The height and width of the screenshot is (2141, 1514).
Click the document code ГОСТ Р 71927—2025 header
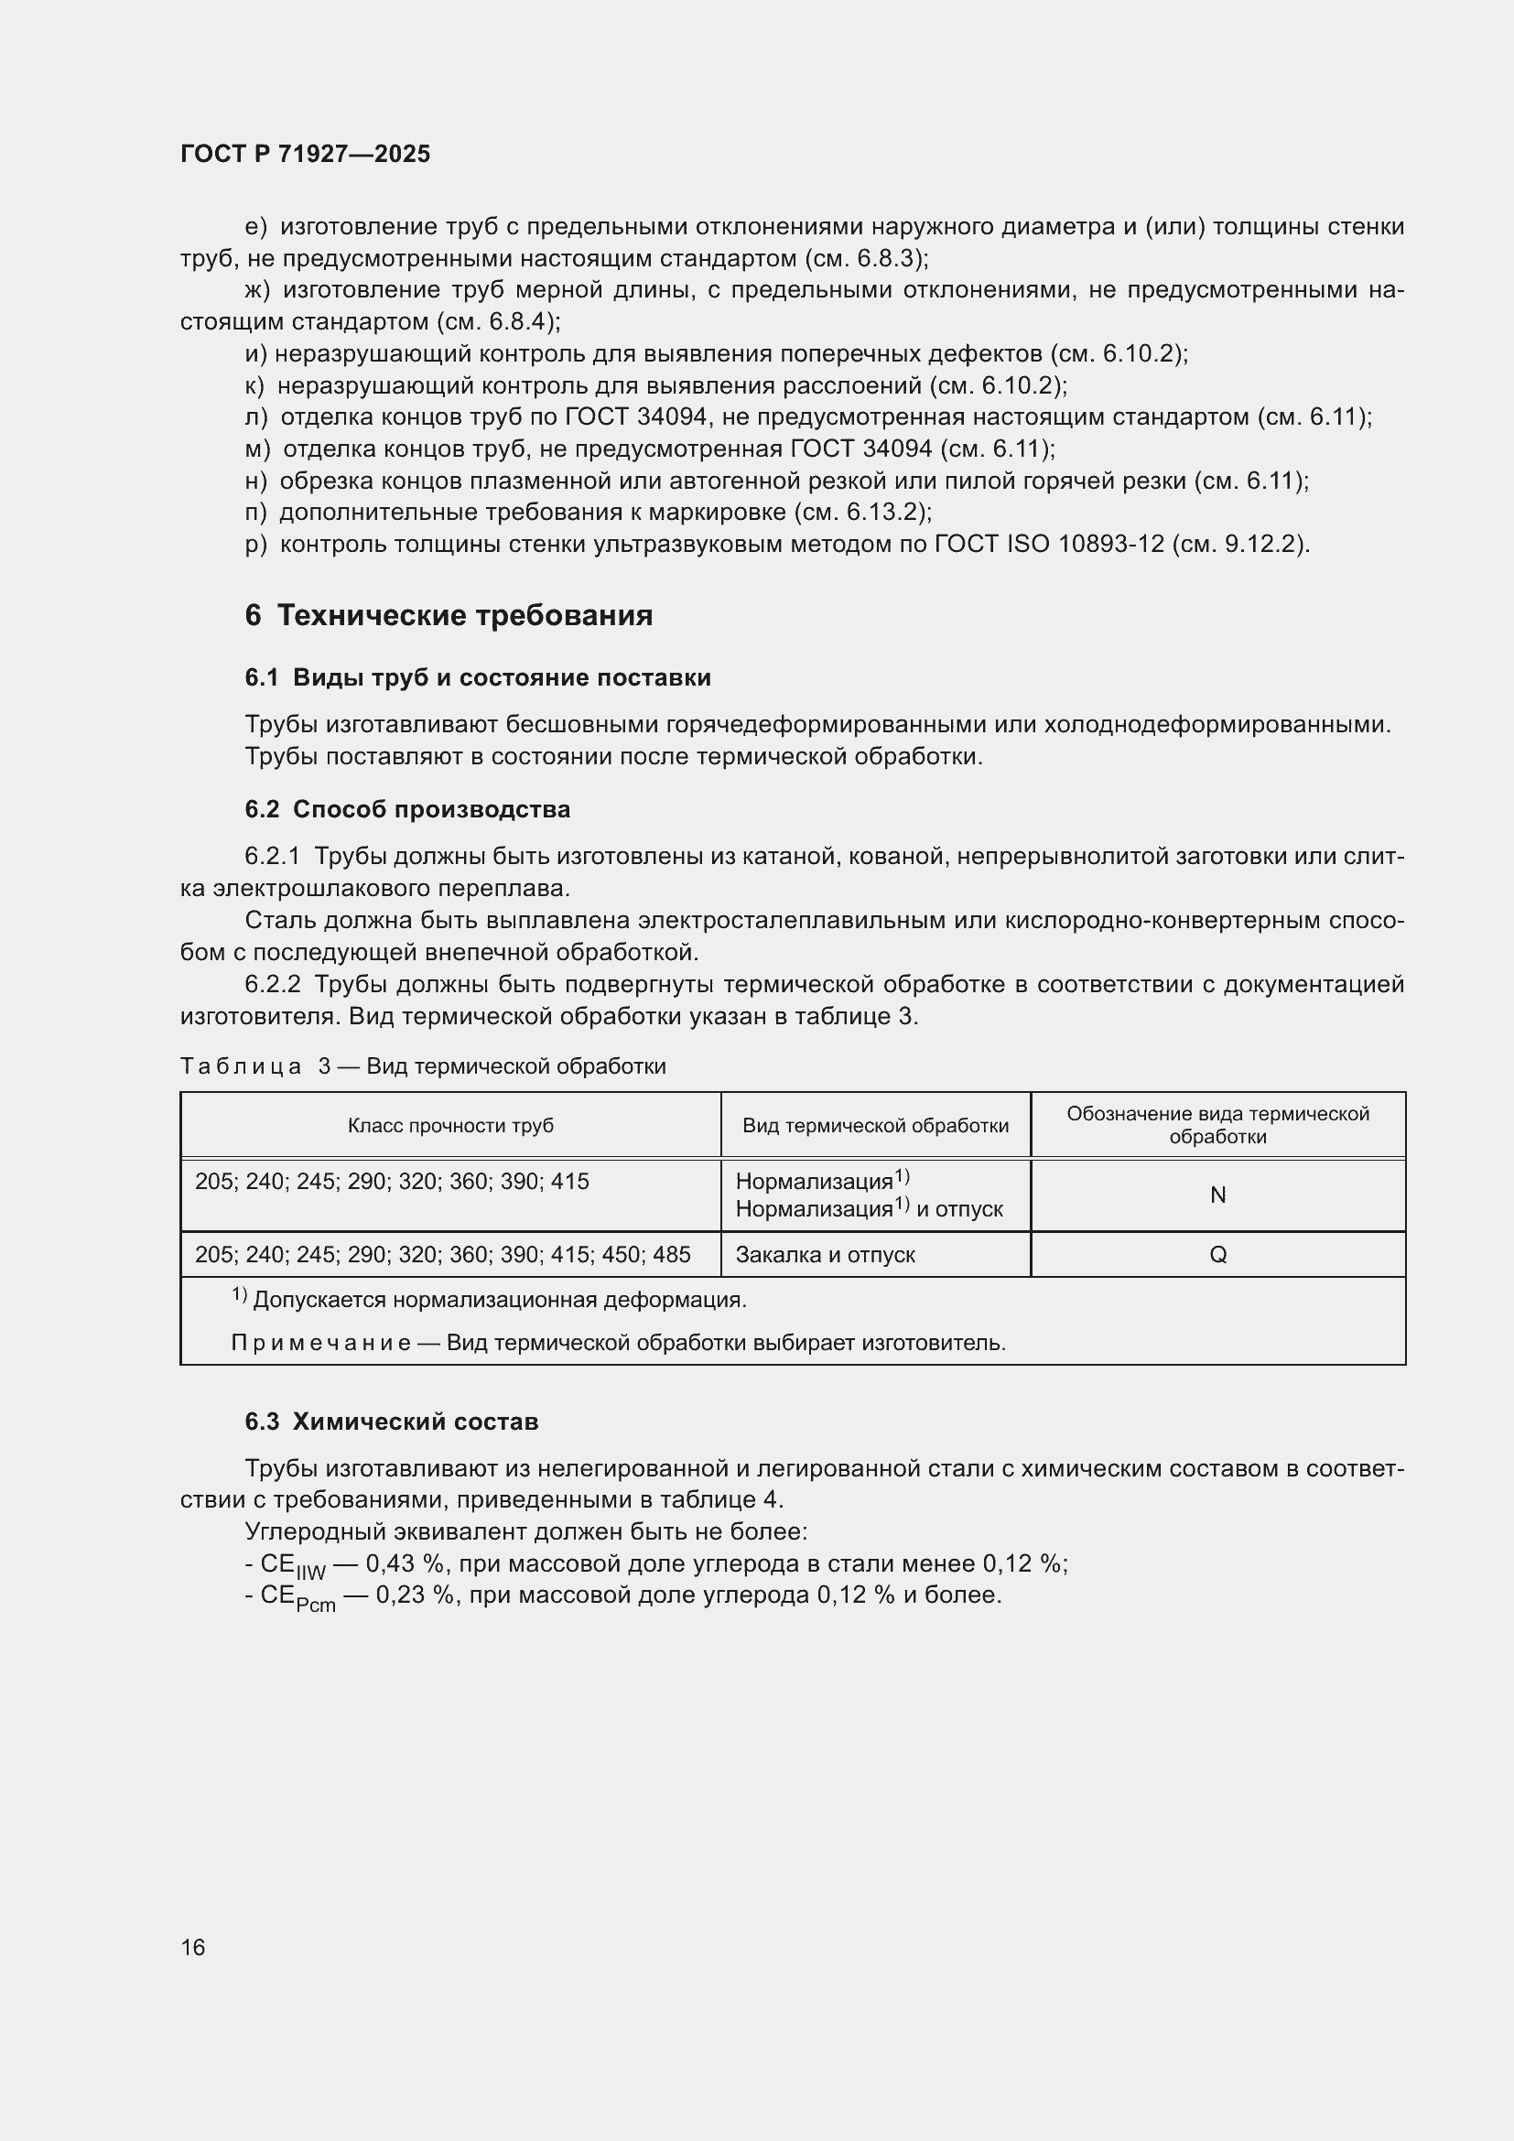point(305,155)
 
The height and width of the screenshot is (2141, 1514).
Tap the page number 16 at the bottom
point(193,1947)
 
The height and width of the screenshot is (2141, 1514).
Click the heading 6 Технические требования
point(449,615)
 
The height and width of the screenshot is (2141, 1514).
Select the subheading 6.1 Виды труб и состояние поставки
point(477,678)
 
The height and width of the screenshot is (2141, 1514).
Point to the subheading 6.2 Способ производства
point(407,809)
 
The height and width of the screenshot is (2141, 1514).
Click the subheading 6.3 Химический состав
point(392,1422)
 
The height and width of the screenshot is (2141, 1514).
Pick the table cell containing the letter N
point(1217,1195)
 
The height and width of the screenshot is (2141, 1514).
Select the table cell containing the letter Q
point(1217,1255)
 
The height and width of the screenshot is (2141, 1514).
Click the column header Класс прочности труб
point(450,1126)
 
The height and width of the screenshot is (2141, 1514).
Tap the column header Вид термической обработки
point(875,1126)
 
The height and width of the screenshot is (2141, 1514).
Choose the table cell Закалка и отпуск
point(825,1255)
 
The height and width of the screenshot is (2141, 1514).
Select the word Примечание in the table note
point(319,1343)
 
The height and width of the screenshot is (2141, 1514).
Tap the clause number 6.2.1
point(272,856)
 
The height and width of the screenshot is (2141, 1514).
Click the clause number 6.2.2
point(272,984)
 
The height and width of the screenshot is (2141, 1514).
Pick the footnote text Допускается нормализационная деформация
point(500,1300)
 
